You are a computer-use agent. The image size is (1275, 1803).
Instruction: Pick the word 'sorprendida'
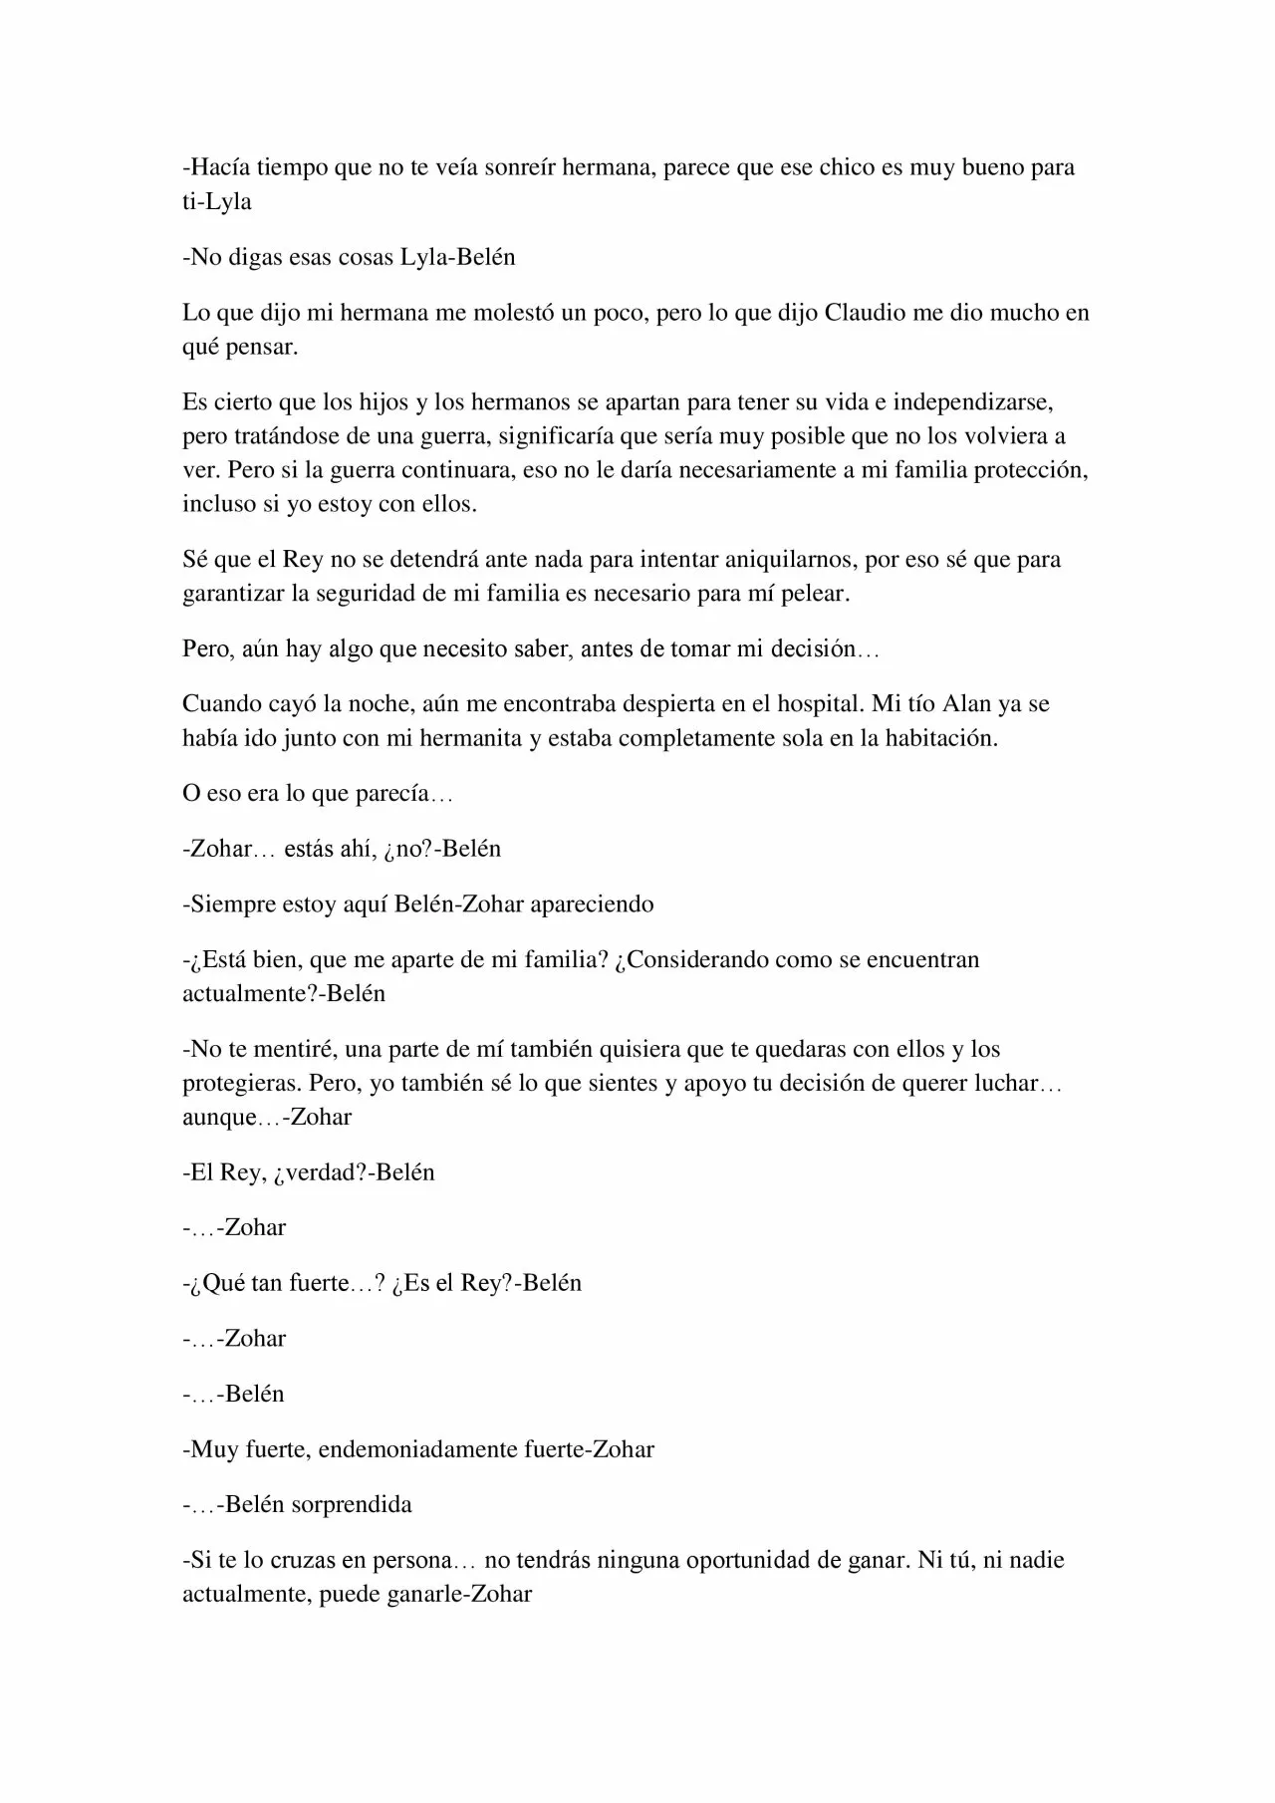pyautogui.click(x=351, y=1504)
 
